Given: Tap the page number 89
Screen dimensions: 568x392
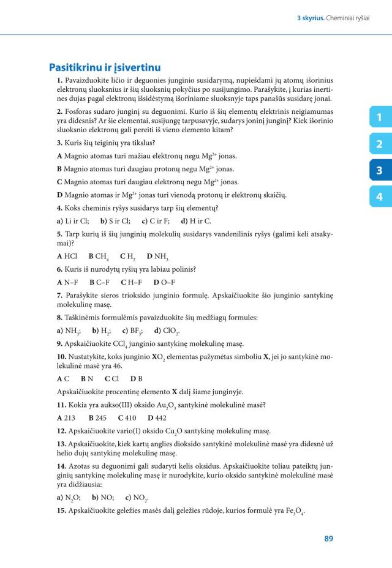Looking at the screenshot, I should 329,539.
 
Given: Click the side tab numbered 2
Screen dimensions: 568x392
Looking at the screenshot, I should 380,144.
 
